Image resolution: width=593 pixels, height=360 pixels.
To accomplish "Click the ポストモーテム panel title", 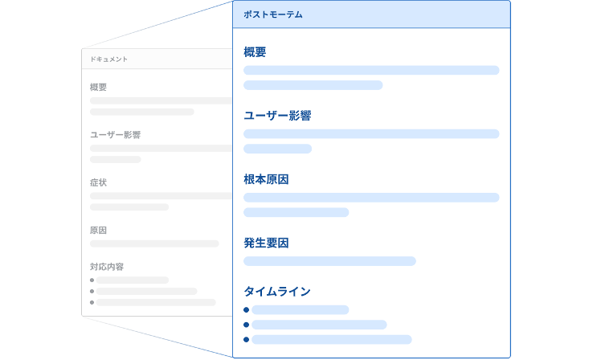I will tap(273, 14).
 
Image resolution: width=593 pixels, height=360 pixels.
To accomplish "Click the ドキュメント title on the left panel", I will tap(108, 59).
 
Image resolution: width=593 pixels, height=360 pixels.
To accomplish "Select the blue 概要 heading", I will tap(255, 52).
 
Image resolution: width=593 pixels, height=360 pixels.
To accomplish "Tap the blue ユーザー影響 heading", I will tap(277, 116).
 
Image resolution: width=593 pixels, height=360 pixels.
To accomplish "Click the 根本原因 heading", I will tap(266, 178).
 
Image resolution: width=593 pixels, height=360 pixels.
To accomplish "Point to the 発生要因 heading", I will tap(266, 242).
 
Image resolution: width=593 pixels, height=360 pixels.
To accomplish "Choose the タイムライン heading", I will tap(277, 291).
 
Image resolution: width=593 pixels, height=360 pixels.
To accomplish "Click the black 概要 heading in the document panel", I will tap(99, 88).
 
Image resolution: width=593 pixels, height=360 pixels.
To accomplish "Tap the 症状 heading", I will tap(99, 182).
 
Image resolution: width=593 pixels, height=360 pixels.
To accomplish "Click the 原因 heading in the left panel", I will tap(99, 230).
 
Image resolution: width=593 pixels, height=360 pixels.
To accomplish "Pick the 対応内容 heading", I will tap(107, 266).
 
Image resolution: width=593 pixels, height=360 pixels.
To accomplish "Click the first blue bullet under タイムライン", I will tap(247, 310).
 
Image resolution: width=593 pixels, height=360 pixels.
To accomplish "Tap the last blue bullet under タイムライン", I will tap(247, 340).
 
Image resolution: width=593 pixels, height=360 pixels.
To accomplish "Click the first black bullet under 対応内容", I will tap(92, 280).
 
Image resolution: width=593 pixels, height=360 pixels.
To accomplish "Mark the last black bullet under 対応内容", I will tap(92, 303).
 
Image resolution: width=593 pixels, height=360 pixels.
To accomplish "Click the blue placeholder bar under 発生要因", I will tap(329, 261).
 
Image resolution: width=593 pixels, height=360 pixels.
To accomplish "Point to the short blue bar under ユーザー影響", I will tap(277, 149).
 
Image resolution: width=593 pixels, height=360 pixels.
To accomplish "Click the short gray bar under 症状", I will tap(129, 207).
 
